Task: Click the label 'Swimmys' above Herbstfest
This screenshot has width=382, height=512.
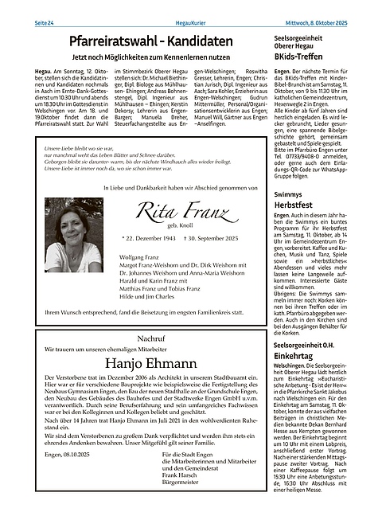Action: pos(287,194)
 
